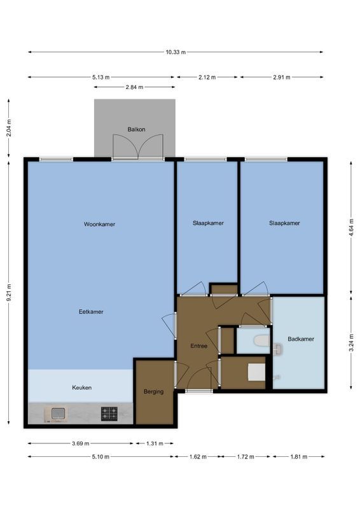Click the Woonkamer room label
99,224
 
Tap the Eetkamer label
91,312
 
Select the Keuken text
81,387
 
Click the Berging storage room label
153,392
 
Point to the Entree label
199,345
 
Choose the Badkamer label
300,339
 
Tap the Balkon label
136,129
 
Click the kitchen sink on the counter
58,414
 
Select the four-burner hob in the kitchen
109,414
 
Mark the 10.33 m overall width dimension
174,52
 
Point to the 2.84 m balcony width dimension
134,87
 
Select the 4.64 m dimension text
352,227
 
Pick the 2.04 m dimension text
8,128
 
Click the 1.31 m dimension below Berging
153,443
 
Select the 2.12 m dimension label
207,78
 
